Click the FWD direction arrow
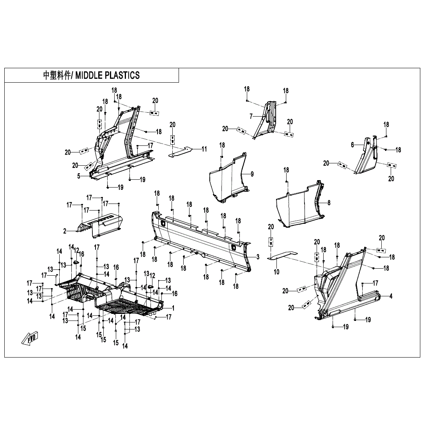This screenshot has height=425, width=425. click(30, 338)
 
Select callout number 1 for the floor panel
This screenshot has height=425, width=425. click(173, 308)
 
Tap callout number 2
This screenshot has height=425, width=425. click(65, 231)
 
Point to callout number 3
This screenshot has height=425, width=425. click(258, 257)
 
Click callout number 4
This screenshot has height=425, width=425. click(391, 296)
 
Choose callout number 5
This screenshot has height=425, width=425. click(78, 176)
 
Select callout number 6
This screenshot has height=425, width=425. click(352, 145)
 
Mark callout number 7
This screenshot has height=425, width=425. click(251, 116)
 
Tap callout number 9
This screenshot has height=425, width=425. click(252, 174)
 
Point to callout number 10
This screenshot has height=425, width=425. click(276, 272)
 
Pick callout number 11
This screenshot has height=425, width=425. click(204, 149)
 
